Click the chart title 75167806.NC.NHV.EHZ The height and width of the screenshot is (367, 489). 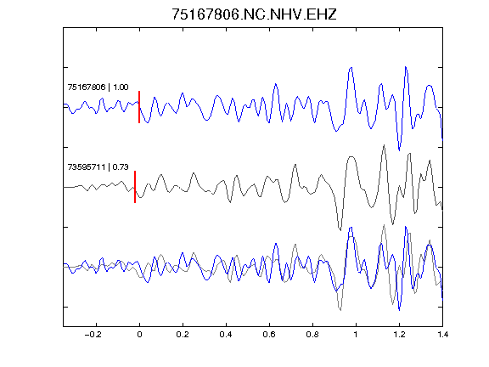tap(254, 14)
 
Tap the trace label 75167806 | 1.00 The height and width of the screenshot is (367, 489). tap(98, 87)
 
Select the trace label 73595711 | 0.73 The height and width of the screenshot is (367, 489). tap(98, 167)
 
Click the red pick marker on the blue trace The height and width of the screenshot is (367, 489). tap(139, 107)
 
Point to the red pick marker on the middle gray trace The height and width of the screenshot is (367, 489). tap(135, 187)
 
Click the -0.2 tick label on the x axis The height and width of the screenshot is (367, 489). tap(93, 335)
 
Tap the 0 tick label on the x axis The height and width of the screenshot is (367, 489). tap(139, 335)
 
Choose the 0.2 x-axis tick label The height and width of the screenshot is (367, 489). tap(183, 335)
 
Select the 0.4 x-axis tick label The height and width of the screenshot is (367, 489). tap(226, 335)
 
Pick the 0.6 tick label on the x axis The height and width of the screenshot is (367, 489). tap(269, 335)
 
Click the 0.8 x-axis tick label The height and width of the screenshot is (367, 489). tap(312, 335)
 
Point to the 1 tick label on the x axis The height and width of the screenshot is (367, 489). tap(356, 335)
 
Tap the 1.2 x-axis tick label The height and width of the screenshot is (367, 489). tap(399, 335)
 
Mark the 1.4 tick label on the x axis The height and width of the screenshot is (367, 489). tap(442, 335)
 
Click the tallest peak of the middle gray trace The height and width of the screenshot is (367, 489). tap(384, 145)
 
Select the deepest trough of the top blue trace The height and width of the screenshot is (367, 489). tap(399, 150)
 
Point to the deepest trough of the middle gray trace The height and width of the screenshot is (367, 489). tap(340, 230)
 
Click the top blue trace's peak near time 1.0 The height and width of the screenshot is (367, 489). tap(351, 67)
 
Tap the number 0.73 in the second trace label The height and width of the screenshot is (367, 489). tap(121, 167)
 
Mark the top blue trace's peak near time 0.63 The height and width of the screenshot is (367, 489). tap(276, 84)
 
